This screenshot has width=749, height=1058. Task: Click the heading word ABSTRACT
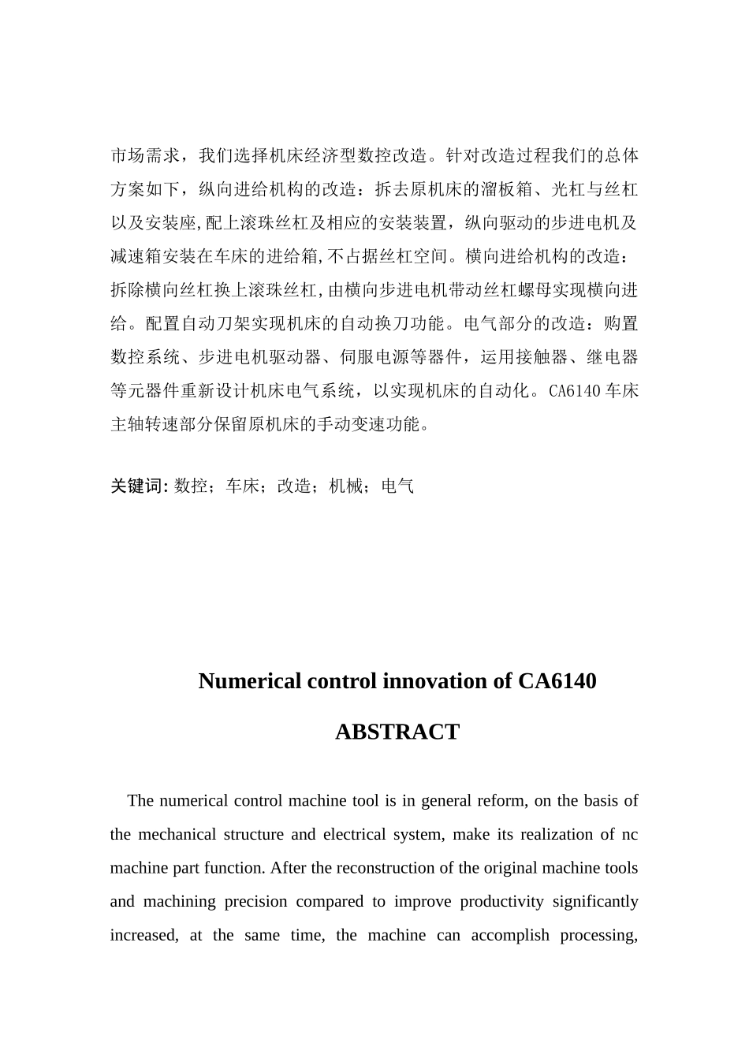point(397,732)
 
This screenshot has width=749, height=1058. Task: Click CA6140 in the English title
point(557,681)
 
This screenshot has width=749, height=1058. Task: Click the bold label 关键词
point(135,486)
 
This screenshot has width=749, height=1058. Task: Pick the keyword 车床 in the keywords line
point(242,486)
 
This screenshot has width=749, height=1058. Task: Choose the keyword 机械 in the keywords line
point(345,486)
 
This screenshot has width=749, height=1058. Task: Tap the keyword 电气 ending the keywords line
point(397,486)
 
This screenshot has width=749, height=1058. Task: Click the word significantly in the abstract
point(595,902)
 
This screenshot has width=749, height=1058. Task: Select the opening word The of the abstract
point(140,801)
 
